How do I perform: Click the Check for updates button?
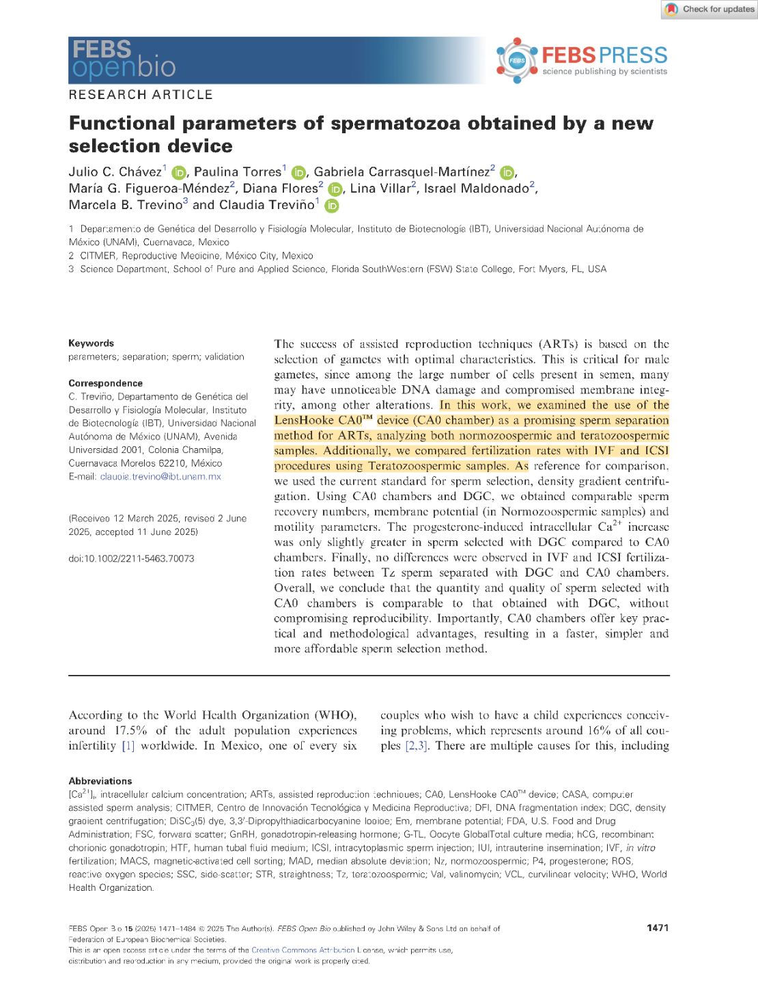pyautogui.click(x=710, y=10)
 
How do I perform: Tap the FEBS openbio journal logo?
pyautogui.click(x=123, y=59)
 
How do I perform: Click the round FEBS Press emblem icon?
pyautogui.click(x=517, y=60)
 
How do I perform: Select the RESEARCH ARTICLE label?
pyautogui.click(x=141, y=95)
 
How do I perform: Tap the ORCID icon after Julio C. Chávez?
pyautogui.click(x=178, y=173)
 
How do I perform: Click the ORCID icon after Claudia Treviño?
pyautogui.click(x=332, y=206)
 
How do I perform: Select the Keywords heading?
pyautogui.click(x=91, y=343)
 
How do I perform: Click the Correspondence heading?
pyautogui.click(x=105, y=383)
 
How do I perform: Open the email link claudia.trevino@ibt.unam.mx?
pyautogui.click(x=160, y=477)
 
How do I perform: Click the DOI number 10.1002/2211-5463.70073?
pyautogui.click(x=131, y=559)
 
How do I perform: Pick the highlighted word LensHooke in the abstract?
pyautogui.click(x=304, y=421)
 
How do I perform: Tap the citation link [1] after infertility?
pyautogui.click(x=128, y=746)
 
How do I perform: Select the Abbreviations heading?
pyautogui.click(x=100, y=781)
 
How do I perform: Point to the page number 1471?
pyautogui.click(x=658, y=928)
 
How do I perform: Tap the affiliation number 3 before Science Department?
pyautogui.click(x=71, y=269)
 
